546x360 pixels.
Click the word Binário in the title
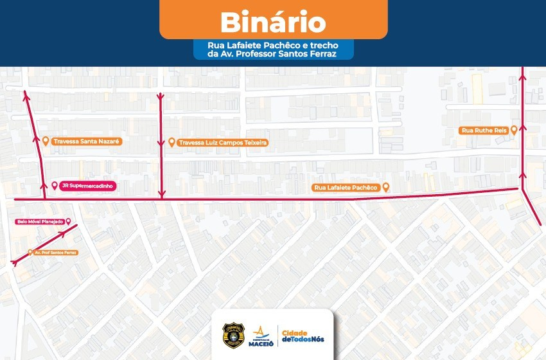(x=273, y=22)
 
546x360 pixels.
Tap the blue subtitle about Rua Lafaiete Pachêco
(x=274, y=50)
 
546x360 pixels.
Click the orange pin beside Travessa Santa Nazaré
(x=46, y=141)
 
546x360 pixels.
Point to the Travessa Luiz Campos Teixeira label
(x=222, y=143)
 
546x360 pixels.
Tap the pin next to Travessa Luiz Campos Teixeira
(x=172, y=142)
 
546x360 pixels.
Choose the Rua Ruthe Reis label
(x=484, y=130)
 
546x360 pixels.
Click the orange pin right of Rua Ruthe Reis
(x=514, y=130)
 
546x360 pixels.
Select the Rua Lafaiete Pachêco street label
(x=345, y=188)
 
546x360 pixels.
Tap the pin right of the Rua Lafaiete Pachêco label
(x=385, y=187)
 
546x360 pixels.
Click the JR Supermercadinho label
(x=87, y=186)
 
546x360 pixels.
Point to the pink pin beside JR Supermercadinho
(x=55, y=186)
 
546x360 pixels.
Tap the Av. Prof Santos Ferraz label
(x=56, y=253)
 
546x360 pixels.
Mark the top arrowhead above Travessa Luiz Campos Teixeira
(x=161, y=96)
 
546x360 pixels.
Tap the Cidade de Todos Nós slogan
(x=303, y=336)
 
